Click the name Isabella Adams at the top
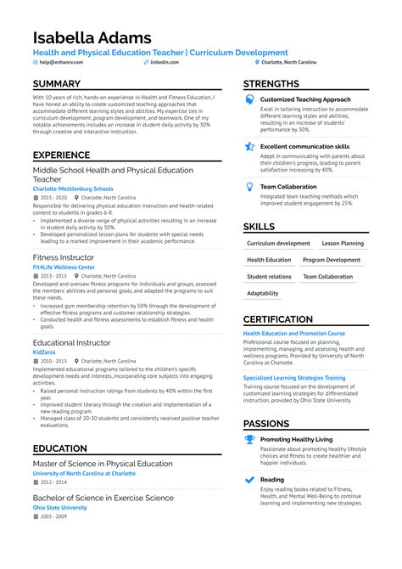pos(92,38)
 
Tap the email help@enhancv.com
pos(58,62)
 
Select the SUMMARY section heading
pos(57,84)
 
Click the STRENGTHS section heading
pos(271,84)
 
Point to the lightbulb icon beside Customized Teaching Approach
pos(250,99)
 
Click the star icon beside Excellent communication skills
pos(250,146)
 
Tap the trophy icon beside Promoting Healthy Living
pos(250,439)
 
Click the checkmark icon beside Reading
pos(250,479)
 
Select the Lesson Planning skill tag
pos(343,244)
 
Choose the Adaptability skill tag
pos(263,293)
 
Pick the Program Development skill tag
pos(332,260)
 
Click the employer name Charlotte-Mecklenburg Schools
pos(73,189)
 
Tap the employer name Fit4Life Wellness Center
pos(64,267)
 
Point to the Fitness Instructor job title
pos(64,256)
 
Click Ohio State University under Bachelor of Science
pos(60,507)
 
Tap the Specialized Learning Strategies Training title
pos(294,378)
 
